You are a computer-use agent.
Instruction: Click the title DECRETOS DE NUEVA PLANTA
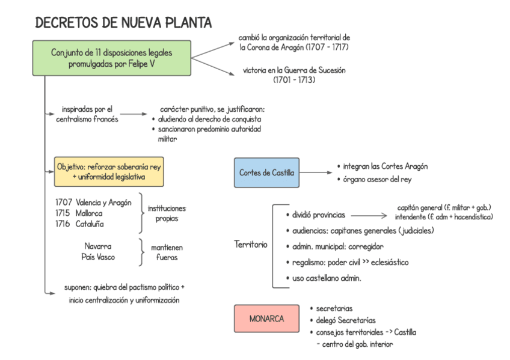point(123,23)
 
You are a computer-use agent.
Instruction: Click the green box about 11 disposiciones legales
point(111,58)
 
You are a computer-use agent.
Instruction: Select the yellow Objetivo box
point(109,171)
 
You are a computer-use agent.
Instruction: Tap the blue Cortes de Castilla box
point(266,172)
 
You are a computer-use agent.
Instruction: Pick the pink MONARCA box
point(266,319)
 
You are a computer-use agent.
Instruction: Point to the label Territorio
point(251,245)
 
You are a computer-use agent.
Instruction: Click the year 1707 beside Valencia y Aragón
point(64,203)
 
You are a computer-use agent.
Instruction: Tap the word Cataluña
point(90,224)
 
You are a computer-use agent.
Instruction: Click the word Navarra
point(97,246)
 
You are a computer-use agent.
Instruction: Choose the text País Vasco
point(97,257)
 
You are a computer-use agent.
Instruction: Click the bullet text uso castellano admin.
point(327,278)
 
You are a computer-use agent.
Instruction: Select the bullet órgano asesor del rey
point(377,179)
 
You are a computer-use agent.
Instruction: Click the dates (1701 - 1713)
point(294,80)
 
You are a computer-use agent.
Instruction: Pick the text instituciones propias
point(167,213)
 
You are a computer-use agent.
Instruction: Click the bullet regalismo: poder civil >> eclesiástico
point(350,263)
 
